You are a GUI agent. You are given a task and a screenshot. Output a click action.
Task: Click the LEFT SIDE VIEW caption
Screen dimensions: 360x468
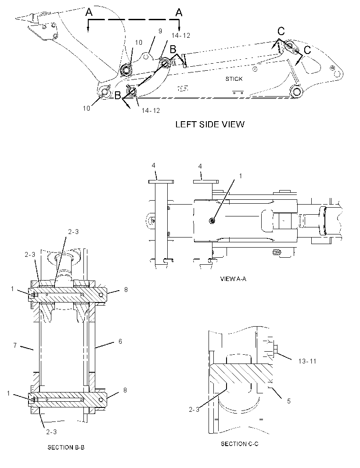[210, 124]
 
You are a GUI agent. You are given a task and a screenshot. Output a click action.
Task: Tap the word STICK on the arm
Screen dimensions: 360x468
[234, 79]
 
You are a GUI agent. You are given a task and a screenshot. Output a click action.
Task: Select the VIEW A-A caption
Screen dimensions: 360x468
[233, 279]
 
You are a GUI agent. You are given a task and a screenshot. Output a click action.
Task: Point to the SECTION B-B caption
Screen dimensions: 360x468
[66, 447]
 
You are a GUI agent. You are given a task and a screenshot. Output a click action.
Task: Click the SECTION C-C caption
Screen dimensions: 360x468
[240, 444]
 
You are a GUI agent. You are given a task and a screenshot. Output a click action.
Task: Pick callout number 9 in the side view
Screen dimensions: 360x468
[160, 31]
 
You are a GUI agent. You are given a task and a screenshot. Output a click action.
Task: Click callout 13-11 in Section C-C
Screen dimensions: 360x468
[307, 361]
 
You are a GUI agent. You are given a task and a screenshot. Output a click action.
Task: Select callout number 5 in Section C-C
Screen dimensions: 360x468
[288, 401]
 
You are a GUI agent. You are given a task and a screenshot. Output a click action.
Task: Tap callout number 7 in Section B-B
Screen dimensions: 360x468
[15, 346]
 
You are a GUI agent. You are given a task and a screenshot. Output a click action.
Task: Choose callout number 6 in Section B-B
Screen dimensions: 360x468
[120, 341]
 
